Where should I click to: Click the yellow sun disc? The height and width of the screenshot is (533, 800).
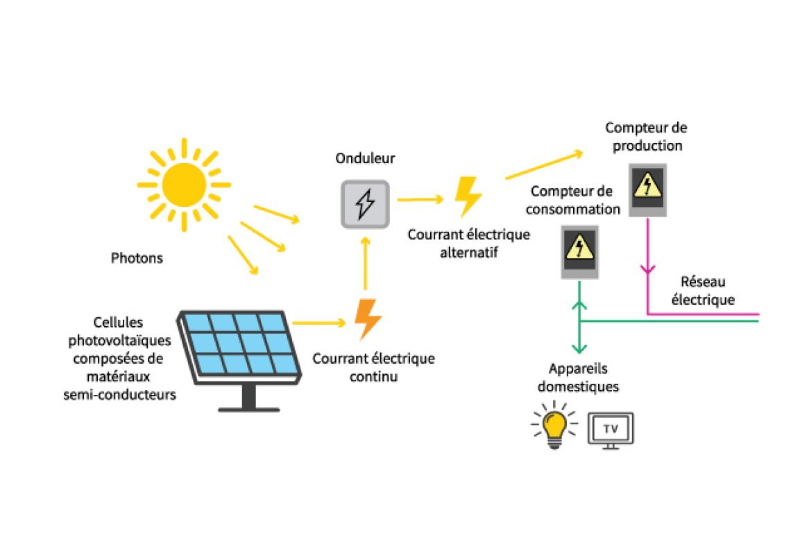[184, 185]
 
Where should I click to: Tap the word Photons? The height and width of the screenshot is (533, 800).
[137, 258]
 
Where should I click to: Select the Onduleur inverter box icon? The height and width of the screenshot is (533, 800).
[364, 204]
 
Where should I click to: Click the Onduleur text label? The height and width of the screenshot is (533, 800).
[365, 158]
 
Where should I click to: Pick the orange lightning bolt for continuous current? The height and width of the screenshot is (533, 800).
[368, 319]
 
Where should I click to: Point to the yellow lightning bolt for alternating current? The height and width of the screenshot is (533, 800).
[468, 197]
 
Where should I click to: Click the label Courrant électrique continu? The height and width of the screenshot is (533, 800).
[373, 368]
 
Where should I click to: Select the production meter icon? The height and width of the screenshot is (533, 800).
[647, 189]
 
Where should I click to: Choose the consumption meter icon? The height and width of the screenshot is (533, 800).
[579, 251]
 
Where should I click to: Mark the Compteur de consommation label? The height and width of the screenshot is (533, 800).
[572, 199]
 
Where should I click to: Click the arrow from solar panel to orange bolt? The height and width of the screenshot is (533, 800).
[319, 322]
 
